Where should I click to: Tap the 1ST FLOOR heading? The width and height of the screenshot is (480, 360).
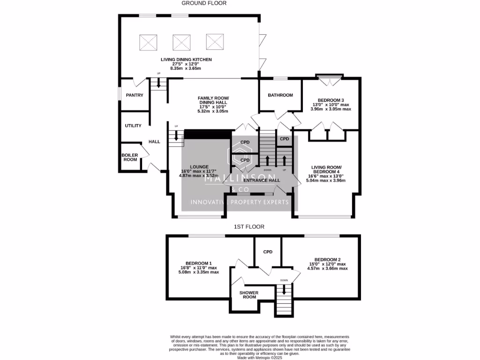[x=249, y=227]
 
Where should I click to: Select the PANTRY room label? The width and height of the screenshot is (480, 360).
[x=134, y=95]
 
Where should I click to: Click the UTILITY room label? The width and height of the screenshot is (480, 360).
[x=133, y=126]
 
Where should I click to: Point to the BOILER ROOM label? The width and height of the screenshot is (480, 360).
[x=129, y=157]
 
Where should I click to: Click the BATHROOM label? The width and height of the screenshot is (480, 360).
[x=280, y=95]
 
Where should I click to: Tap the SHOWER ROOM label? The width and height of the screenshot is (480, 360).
[x=248, y=294]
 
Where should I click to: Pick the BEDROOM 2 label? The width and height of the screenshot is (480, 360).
[x=327, y=260]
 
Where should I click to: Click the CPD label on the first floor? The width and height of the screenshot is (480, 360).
[x=268, y=252]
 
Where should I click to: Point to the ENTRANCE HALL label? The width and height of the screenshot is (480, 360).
[x=262, y=180]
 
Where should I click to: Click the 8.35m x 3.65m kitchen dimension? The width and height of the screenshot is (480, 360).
[x=185, y=68]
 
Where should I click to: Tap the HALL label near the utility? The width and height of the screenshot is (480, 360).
[x=154, y=142]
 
